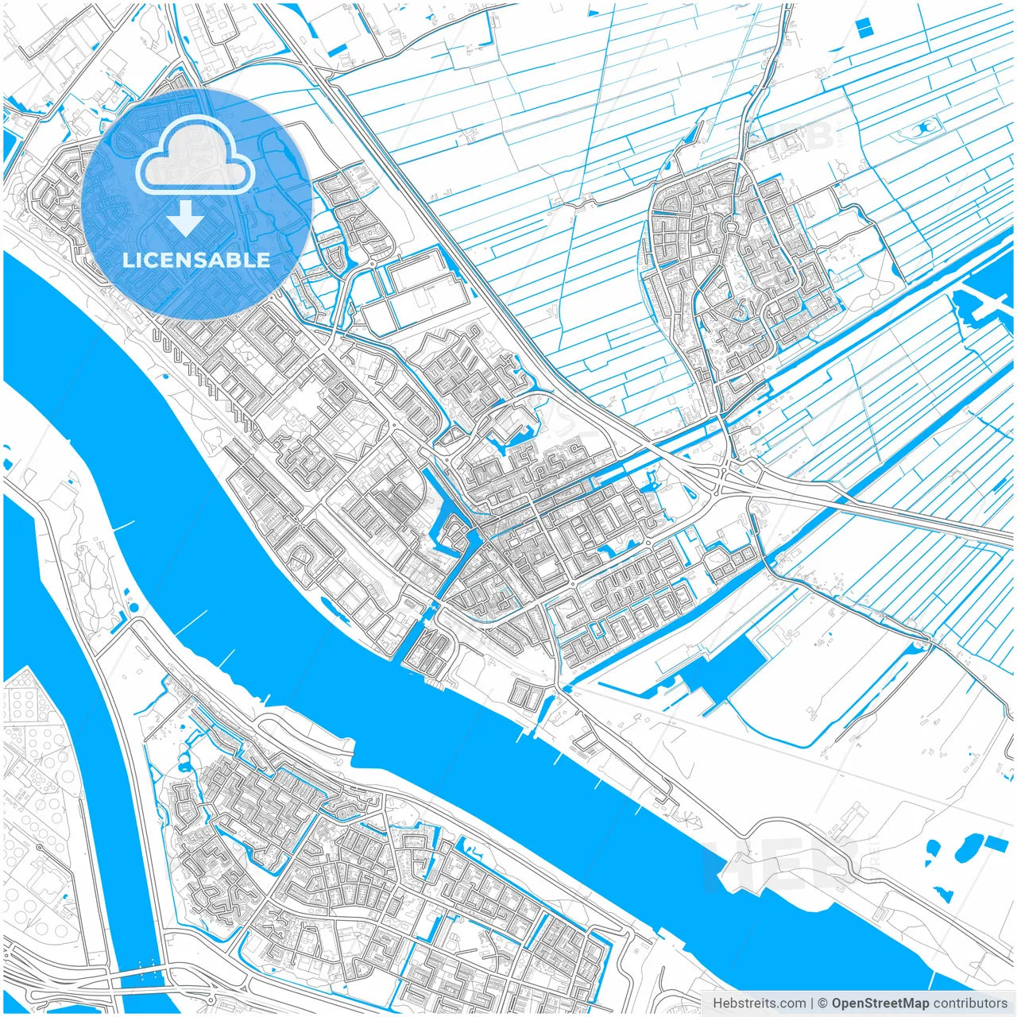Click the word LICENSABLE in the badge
(195, 260)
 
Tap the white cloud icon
(195, 157)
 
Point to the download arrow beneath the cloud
(185, 218)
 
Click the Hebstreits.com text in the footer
(759, 1003)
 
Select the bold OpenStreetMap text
(880, 1003)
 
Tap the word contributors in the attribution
(970, 1003)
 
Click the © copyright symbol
(823, 1003)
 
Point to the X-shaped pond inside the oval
(923, 127)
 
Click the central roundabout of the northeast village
(729, 226)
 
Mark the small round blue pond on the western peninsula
(132, 608)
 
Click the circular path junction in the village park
(873, 295)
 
